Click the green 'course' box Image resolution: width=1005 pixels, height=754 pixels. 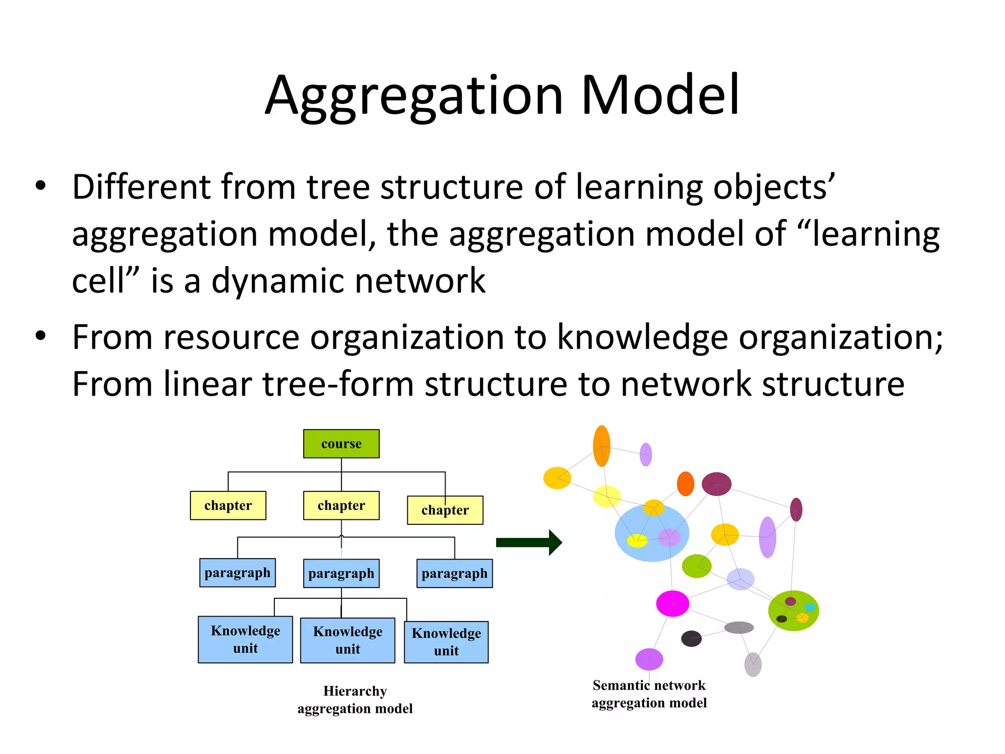341,444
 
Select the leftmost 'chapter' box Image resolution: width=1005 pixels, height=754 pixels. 228,505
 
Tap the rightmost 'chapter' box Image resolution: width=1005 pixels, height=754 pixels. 445,510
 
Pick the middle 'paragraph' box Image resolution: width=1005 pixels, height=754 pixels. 341,573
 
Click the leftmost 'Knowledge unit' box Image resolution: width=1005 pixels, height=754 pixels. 245,639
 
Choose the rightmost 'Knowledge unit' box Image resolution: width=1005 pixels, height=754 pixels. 446,642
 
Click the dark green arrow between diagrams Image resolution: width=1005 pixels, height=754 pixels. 529,542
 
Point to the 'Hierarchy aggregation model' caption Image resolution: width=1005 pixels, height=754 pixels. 355,700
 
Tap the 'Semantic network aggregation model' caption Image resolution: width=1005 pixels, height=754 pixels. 649,694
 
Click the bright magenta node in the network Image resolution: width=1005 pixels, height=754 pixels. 672,603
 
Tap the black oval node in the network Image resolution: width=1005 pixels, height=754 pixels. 691,639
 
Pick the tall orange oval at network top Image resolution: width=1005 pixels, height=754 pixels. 602,446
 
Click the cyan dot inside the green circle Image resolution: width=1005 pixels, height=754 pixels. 810,607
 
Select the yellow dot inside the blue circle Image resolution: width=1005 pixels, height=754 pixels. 637,540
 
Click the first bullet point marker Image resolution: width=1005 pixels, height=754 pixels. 40,187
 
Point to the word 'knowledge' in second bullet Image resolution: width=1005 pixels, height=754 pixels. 643,337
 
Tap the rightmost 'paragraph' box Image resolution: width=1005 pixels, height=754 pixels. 454,573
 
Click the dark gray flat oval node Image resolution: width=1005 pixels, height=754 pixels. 739,627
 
